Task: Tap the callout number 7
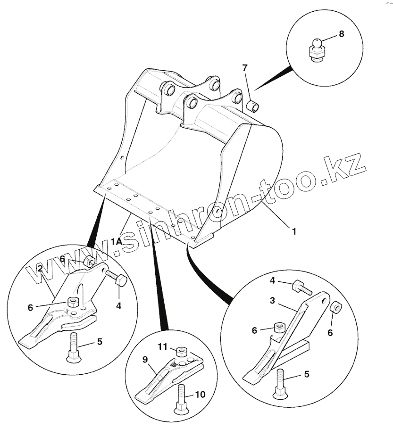[244, 68]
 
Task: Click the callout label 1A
[116, 241]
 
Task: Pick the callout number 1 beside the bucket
[294, 231]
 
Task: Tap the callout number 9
[146, 359]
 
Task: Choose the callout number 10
[200, 394]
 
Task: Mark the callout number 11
[163, 347]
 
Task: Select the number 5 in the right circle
[307, 374]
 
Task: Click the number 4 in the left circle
[119, 305]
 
